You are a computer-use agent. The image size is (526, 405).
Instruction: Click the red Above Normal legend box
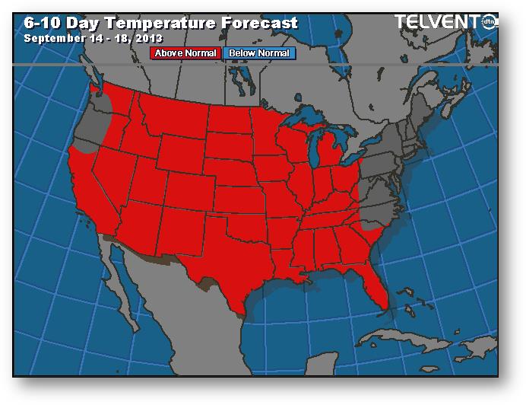(186, 53)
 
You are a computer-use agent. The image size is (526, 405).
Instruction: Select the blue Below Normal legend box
(258, 53)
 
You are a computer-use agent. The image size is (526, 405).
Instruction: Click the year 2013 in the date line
(147, 37)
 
